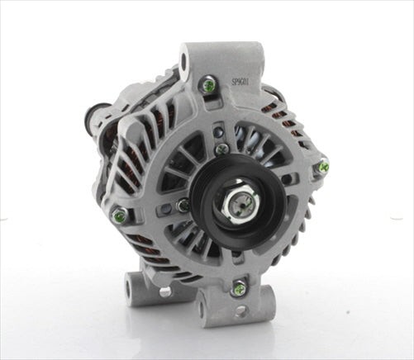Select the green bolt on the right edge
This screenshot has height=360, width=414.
coord(321,168)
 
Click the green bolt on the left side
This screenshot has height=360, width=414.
coord(121,216)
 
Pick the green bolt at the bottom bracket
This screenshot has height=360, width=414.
coord(239,288)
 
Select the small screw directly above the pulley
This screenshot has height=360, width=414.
coord(221,149)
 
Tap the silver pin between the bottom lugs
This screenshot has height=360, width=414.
coord(164,291)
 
